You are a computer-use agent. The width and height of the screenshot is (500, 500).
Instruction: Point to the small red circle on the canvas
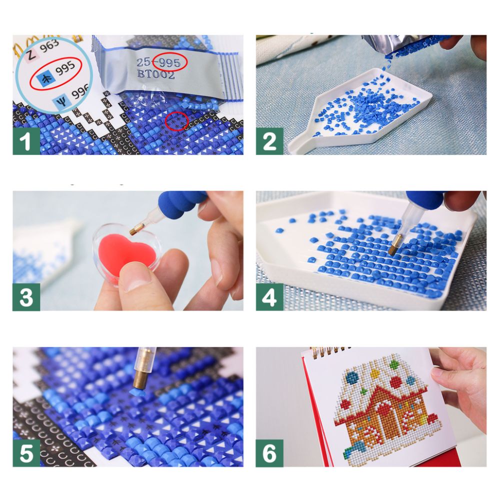click(176, 121)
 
